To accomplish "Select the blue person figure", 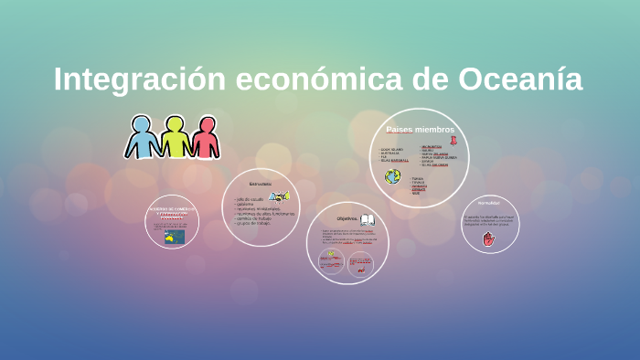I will [x=143, y=137].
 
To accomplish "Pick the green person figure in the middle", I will [x=175, y=137].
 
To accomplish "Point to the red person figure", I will [x=205, y=137].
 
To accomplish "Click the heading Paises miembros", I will [x=420, y=130].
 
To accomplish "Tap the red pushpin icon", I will [x=453, y=140].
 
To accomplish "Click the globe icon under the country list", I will [x=393, y=176].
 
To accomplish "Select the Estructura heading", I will [x=261, y=184].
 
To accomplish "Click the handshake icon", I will [x=278, y=196].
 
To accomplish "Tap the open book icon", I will [x=368, y=219].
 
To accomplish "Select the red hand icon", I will [x=488, y=238].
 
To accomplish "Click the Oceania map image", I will [x=174, y=237].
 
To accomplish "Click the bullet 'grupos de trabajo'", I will [x=254, y=224].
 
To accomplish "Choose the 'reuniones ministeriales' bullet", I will [x=259, y=208].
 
